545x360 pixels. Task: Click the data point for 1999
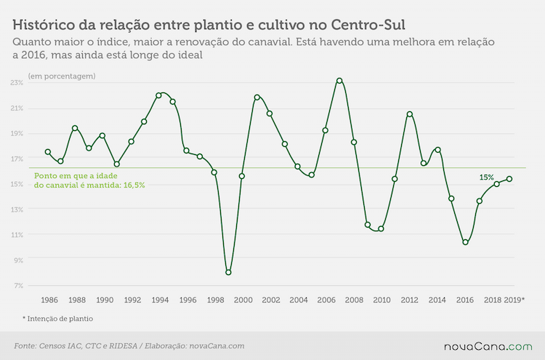click(x=228, y=272)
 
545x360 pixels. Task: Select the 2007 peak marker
click(x=339, y=81)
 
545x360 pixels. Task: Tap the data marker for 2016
click(x=465, y=242)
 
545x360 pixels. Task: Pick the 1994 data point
click(x=158, y=95)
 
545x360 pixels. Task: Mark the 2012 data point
click(x=410, y=114)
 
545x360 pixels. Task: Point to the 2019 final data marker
click(x=509, y=179)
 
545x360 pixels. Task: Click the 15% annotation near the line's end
click(x=487, y=177)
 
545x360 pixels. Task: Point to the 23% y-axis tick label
click(x=17, y=83)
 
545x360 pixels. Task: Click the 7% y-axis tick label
click(x=19, y=286)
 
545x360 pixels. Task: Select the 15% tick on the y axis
click(x=17, y=184)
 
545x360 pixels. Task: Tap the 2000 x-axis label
click(x=243, y=300)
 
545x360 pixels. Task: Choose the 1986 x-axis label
click(x=49, y=300)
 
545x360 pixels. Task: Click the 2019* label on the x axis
click(x=514, y=300)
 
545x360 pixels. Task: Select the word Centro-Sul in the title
click(x=368, y=25)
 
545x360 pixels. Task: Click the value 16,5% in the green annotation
click(x=134, y=185)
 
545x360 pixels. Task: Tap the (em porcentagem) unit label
click(x=62, y=76)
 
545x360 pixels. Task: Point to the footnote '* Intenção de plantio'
click(x=57, y=319)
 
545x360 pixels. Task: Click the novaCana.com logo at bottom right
click(x=488, y=347)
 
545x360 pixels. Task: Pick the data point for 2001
click(x=257, y=97)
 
